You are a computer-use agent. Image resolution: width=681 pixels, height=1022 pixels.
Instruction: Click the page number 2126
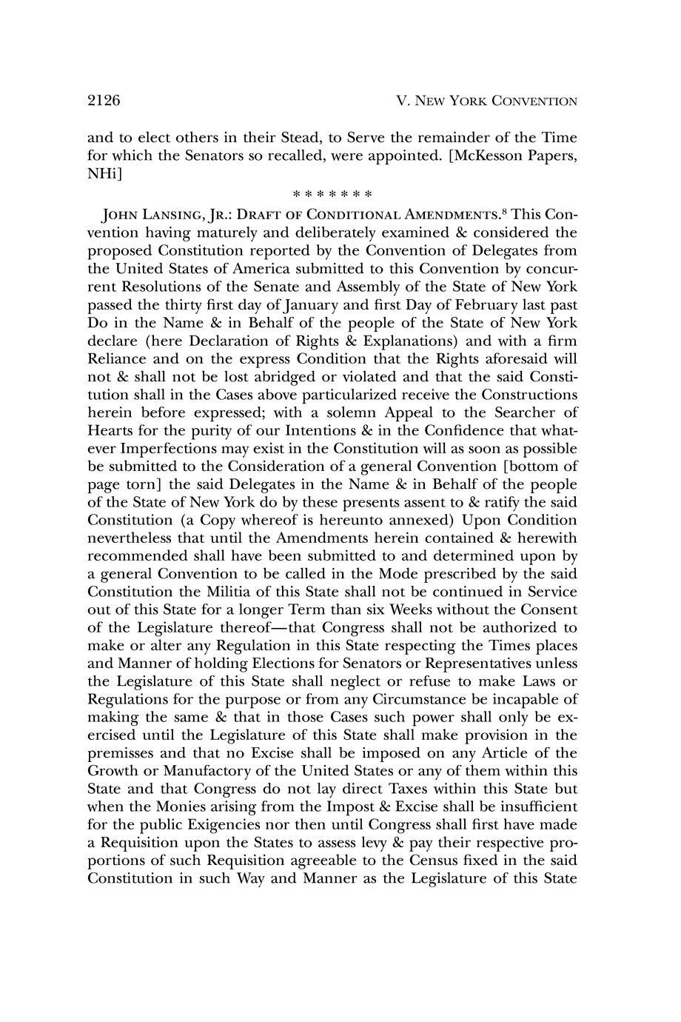click(x=104, y=101)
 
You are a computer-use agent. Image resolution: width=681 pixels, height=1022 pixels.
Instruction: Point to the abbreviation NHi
click(x=101, y=173)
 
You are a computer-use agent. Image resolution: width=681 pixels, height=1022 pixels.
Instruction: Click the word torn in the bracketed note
click(x=134, y=484)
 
